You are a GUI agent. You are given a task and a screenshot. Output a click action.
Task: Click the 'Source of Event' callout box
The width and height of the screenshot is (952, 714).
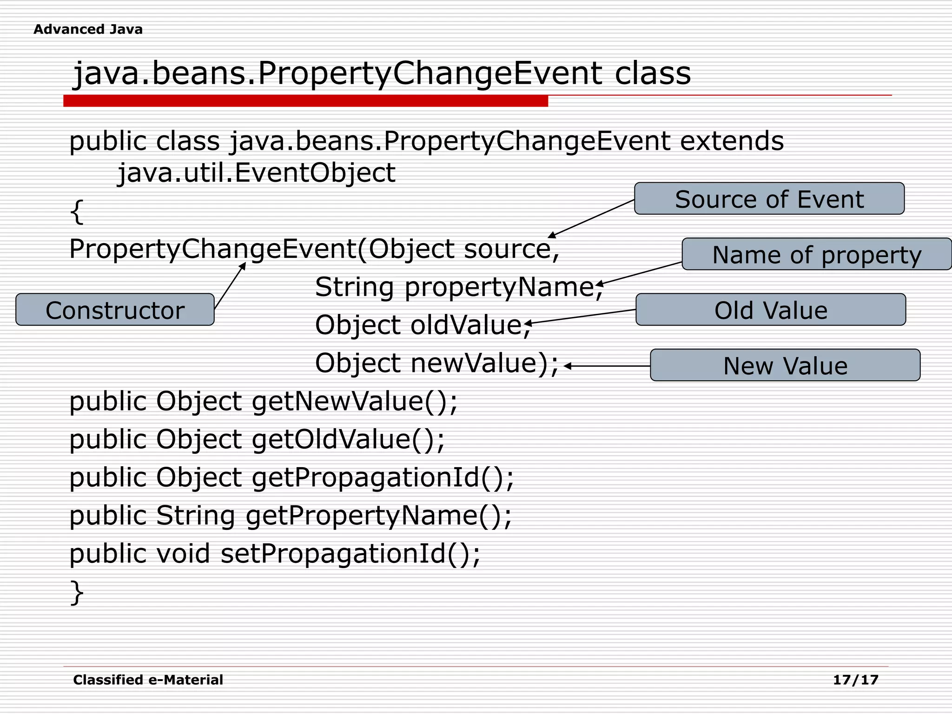769,198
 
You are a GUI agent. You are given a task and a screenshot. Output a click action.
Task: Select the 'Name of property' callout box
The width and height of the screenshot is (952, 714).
816,254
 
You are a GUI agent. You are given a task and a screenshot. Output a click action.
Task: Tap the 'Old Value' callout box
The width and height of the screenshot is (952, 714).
770,310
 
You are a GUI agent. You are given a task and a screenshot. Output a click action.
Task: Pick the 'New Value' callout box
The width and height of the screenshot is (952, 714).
785,365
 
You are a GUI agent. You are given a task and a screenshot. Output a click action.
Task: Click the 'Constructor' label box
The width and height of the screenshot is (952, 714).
115,310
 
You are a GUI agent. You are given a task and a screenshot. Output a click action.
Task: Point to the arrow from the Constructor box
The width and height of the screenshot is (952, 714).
230,286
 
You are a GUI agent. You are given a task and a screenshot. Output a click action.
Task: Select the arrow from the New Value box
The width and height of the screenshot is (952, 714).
607,366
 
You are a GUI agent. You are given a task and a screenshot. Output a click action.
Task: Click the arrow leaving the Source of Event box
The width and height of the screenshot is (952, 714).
591,218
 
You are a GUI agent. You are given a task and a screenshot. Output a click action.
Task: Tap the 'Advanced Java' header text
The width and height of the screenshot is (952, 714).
88,29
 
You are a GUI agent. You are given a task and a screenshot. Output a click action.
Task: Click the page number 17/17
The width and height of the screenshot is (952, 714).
855,680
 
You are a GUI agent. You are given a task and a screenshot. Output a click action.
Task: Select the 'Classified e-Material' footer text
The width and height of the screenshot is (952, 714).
148,680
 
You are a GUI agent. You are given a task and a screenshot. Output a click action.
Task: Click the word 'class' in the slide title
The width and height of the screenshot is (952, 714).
653,73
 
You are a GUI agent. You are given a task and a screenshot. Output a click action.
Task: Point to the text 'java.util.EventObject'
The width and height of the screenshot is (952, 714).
256,173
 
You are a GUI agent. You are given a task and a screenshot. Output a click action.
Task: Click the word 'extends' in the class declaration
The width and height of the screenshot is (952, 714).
732,141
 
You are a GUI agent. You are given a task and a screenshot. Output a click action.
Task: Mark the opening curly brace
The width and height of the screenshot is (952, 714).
77,212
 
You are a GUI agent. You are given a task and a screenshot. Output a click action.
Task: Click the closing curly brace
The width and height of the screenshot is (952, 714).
77,592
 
